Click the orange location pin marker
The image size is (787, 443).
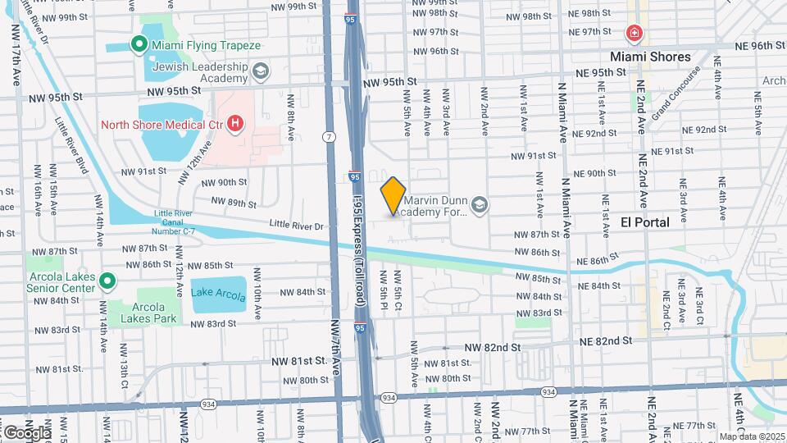[393, 196]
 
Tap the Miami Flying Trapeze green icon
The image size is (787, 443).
[139, 45]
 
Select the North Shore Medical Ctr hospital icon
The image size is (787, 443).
[236, 125]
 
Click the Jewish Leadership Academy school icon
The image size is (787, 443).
[261, 71]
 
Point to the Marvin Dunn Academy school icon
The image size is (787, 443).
[480, 205]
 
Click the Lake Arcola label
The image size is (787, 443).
[218, 293]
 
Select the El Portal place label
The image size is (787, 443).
[644, 222]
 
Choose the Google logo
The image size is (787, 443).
[26, 432]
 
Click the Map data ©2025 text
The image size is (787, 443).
[751, 436]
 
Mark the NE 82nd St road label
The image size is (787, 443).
[607, 340]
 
